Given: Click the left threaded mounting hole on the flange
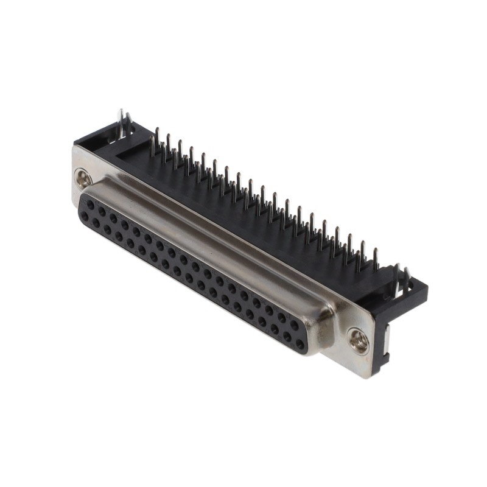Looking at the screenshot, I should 83,178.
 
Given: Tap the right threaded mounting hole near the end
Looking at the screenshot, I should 359,341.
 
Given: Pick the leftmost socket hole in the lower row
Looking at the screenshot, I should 85,215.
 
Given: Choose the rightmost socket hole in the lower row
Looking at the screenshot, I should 300,344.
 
